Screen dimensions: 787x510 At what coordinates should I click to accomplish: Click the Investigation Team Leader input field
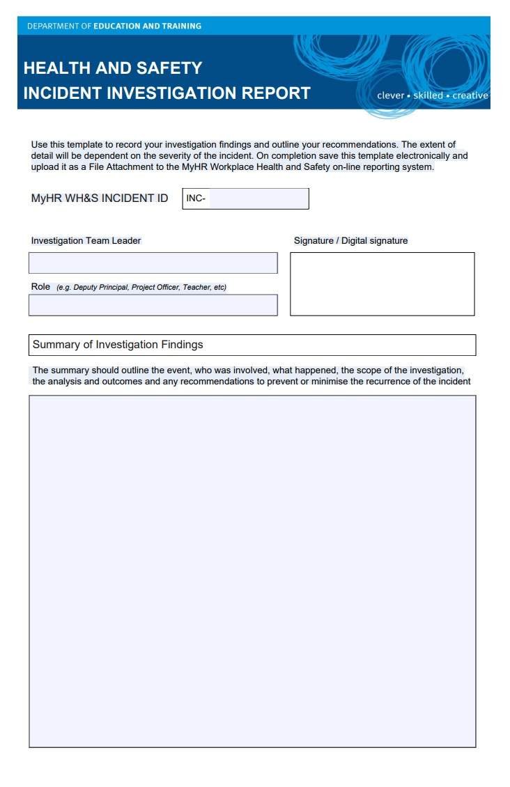153,263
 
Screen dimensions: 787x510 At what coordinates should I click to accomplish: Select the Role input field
153,305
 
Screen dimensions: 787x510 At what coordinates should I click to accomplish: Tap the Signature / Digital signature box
382,283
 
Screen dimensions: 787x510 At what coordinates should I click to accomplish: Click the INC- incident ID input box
258,198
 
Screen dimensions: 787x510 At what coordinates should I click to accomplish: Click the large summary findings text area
252,571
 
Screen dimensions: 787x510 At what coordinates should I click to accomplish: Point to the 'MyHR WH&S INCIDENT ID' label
100,198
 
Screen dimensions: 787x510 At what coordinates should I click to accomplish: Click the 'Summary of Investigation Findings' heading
118,345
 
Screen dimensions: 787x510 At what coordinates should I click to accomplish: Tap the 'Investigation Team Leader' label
86,240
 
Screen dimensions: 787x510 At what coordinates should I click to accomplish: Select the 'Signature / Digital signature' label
350,240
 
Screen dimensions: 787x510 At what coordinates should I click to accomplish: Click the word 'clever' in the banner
390,95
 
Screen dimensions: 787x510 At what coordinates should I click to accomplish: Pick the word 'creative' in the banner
470,95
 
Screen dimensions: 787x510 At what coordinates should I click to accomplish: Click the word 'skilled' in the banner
428,95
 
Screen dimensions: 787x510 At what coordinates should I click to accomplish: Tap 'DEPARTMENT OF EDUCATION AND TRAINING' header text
114,26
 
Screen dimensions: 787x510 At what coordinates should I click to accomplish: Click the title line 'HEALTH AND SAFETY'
113,68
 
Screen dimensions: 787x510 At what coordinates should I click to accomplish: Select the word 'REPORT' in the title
276,93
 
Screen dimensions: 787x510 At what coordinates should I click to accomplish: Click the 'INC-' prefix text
196,198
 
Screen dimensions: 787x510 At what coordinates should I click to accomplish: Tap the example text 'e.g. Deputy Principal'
93,287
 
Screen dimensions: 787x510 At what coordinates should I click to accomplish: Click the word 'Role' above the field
40,286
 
